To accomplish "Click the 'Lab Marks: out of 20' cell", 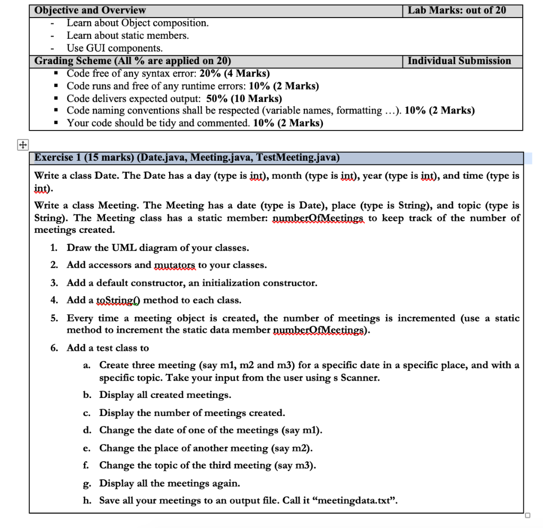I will (457, 10).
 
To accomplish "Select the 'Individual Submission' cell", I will (459, 61).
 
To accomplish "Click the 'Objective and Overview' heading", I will (90, 10).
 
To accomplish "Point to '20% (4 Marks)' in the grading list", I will (234, 73).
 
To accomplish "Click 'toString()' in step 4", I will (119, 300).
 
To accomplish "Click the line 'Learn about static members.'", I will (127, 36).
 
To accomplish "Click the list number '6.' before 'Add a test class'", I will (55, 348).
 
